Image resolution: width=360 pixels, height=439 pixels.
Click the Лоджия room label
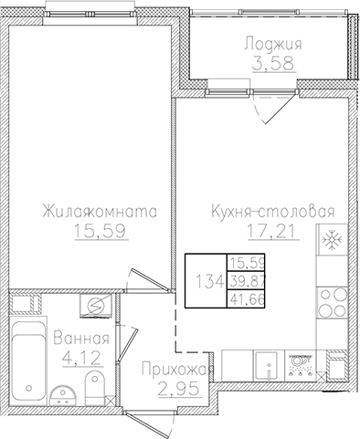272,43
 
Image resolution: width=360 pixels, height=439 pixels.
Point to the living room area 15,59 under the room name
99,232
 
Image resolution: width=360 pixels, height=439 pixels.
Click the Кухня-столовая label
268,212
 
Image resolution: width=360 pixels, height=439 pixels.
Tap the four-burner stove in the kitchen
300,368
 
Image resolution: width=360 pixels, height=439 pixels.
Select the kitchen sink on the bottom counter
265,364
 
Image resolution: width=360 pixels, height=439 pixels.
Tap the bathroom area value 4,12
91,357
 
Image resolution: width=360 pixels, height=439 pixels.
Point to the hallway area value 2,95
169,389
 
